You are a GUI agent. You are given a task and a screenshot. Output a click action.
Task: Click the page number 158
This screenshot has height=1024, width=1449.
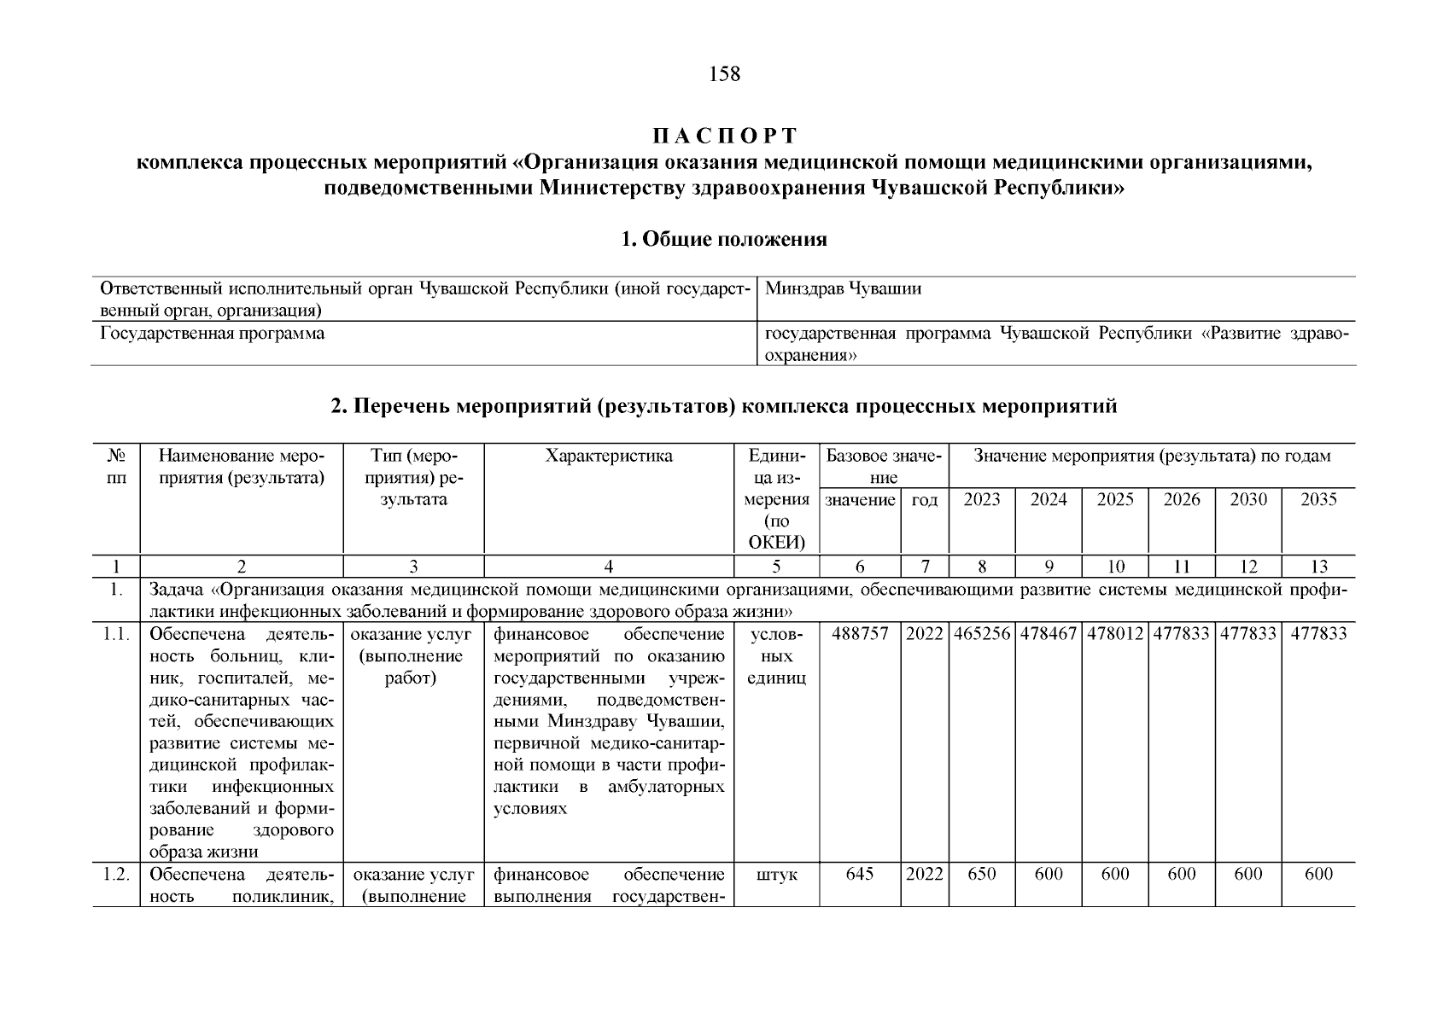click(724, 74)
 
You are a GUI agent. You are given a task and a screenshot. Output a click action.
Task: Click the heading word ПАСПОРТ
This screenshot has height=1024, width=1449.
click(724, 137)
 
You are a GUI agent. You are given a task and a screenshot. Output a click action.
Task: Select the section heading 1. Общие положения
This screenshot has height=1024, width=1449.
click(724, 240)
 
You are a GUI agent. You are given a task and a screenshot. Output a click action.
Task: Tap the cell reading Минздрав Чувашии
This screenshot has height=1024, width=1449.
click(843, 289)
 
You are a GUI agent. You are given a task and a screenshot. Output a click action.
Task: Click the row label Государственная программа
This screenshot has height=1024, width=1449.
click(212, 334)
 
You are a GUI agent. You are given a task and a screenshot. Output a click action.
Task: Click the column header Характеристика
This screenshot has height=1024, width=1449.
click(609, 457)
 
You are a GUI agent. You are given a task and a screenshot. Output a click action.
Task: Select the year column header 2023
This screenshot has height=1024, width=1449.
click(982, 500)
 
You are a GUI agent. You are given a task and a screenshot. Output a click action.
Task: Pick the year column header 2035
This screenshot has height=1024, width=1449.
click(1318, 500)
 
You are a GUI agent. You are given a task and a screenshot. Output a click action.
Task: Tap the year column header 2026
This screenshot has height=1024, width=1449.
click(1182, 500)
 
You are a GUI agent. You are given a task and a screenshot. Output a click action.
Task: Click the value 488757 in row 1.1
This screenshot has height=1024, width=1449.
click(860, 634)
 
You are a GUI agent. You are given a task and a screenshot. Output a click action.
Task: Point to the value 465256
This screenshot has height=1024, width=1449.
click(982, 634)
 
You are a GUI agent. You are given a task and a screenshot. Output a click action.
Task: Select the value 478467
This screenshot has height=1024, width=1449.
click(1049, 634)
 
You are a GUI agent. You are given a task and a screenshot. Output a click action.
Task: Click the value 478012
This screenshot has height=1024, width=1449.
click(1115, 634)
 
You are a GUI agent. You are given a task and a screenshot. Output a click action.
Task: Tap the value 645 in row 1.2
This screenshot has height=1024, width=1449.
click(860, 875)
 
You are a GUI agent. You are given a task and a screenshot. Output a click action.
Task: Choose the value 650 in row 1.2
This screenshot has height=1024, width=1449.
click(982, 875)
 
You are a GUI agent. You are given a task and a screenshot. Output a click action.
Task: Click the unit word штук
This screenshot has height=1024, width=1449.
click(776, 875)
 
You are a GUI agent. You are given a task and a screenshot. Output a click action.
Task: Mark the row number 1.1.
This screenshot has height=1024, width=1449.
click(115, 634)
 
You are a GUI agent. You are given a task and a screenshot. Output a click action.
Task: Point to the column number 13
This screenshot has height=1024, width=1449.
click(1318, 567)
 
